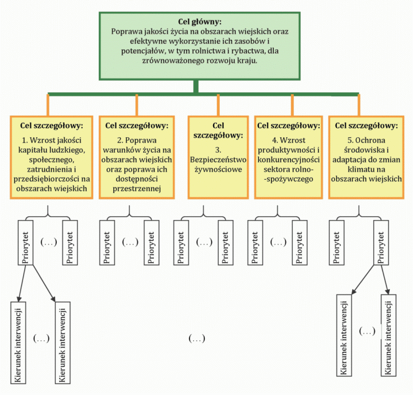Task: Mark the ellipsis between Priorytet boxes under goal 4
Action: click(278, 242)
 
